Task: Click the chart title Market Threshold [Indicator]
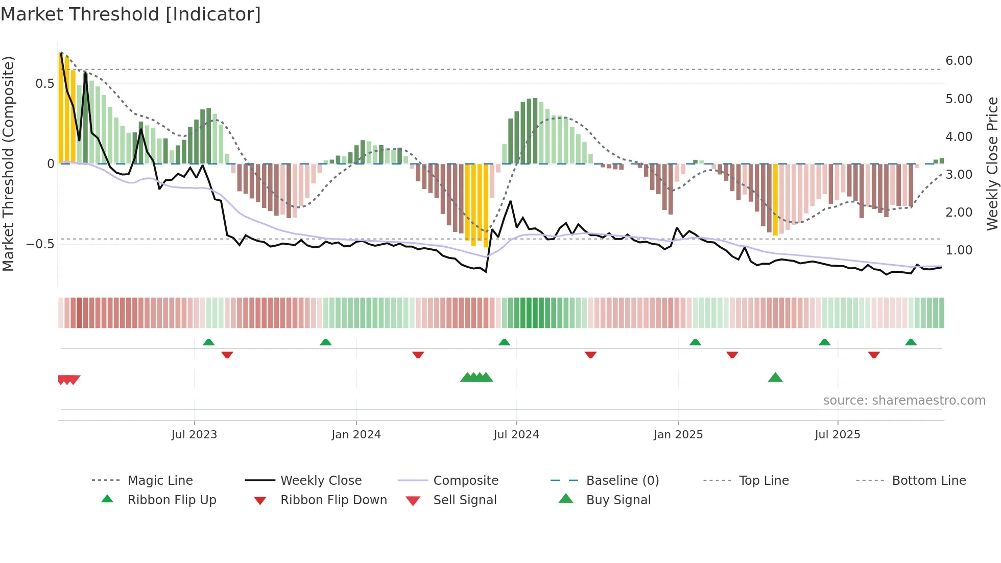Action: point(131,14)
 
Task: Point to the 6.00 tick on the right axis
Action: point(959,61)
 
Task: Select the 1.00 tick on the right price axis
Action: point(959,250)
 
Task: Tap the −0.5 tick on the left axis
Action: point(40,244)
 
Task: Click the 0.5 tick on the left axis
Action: point(44,84)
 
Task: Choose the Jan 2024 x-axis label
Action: point(356,435)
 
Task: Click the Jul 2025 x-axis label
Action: point(837,435)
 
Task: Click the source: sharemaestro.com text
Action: point(904,401)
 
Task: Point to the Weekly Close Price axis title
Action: point(992,163)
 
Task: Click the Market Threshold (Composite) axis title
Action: point(8,163)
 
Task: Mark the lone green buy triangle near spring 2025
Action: point(775,378)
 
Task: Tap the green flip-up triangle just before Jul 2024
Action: point(504,342)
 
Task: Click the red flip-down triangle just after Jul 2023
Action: point(227,355)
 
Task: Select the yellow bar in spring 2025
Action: point(775,199)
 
